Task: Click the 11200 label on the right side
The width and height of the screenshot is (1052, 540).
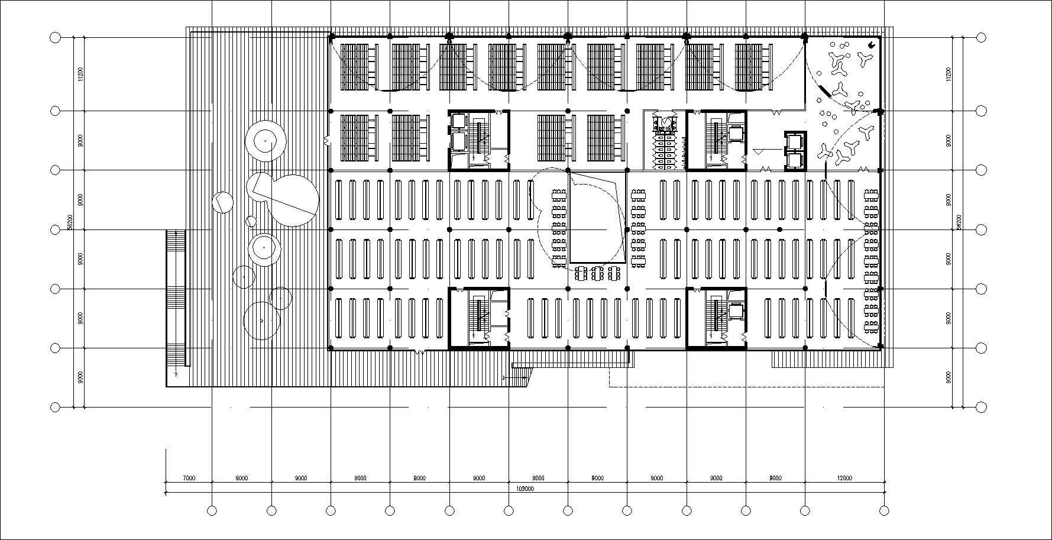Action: point(948,74)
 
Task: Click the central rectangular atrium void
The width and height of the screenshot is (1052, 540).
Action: point(597,217)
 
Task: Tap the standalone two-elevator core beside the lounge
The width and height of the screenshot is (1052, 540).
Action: point(795,151)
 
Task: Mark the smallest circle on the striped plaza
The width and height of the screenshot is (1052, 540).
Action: point(251,221)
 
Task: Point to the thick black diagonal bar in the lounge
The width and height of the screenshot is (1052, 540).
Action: point(821,93)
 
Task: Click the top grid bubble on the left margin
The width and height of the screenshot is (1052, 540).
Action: point(55,38)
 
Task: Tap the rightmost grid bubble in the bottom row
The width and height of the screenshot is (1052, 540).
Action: point(884,510)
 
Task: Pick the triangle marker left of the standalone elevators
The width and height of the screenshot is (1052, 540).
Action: point(758,152)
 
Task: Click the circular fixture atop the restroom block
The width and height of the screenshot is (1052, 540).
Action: point(666,122)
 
